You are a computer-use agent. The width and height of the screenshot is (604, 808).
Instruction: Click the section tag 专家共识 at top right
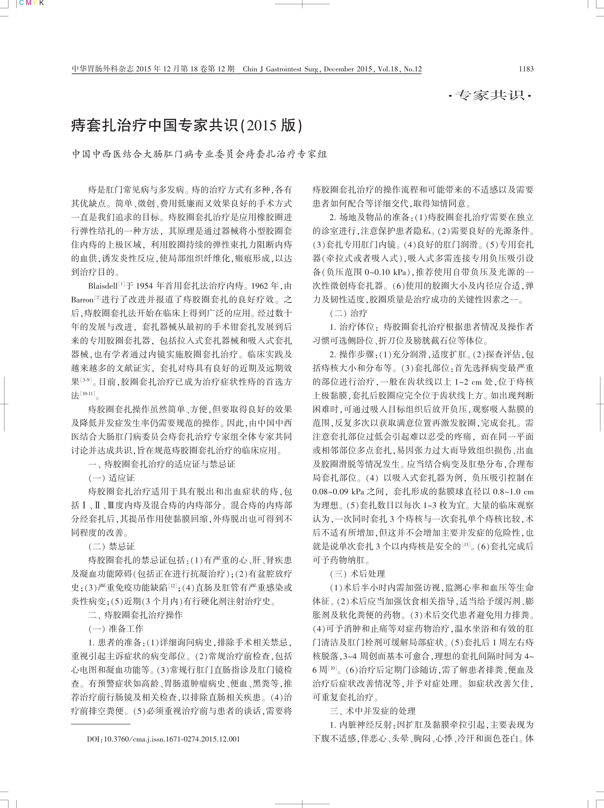[x=490, y=96]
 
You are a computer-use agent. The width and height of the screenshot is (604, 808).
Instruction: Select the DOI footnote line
[x=163, y=739]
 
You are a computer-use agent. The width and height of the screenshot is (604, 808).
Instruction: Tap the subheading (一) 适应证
[x=112, y=478]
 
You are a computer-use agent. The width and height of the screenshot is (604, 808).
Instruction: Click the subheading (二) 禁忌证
[x=112, y=547]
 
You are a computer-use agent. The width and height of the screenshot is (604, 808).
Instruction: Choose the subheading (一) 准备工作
[x=116, y=629]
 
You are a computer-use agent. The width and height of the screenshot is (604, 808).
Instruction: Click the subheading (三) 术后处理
[x=357, y=574]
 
